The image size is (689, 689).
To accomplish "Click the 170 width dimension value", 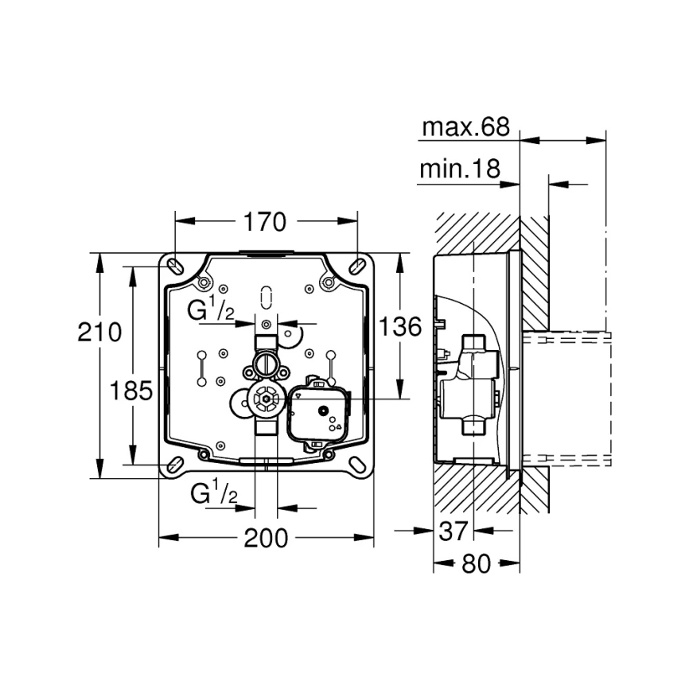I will pos(266,222).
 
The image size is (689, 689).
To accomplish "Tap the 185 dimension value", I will pos(132,390).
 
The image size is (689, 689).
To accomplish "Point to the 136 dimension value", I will pos(399,327).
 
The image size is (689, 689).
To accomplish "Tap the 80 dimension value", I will pos(476,563).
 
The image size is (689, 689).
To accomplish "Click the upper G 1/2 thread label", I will pos(211,310).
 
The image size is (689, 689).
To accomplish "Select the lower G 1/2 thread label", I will pos(213,494).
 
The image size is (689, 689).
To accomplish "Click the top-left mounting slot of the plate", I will pos(174,263).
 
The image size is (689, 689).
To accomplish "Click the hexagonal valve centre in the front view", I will pos(263,397).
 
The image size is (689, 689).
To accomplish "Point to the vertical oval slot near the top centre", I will pos(266,294).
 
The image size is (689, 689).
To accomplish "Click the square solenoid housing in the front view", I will pos(317,411).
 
